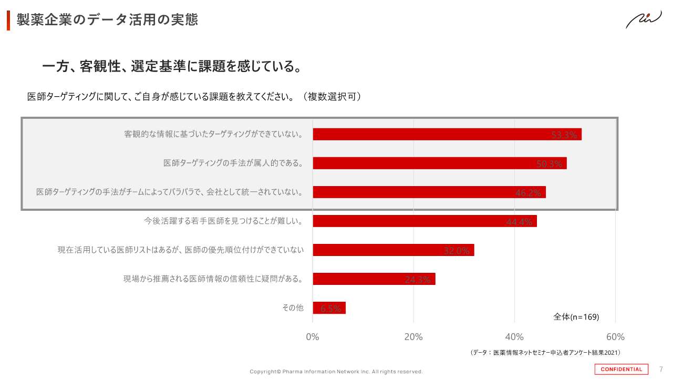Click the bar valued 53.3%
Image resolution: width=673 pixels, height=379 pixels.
pyautogui.click(x=447, y=134)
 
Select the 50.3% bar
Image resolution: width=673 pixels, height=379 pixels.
pyautogui.click(x=440, y=163)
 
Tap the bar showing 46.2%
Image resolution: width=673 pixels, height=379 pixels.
pyautogui.click(x=429, y=192)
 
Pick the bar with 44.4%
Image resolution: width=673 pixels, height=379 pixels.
pyautogui.click(x=424, y=221)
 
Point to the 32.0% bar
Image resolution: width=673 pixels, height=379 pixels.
pyautogui.click(x=394, y=250)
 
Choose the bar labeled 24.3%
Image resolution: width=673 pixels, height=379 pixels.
pyautogui.click(x=374, y=279)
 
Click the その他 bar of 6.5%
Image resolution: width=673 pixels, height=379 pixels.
pyautogui.click(x=329, y=308)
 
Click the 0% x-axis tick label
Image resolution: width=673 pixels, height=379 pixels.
pyautogui.click(x=313, y=337)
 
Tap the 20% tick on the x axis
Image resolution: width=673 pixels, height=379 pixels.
pyautogui.click(x=413, y=337)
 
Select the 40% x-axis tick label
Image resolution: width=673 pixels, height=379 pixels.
pyautogui.click(x=514, y=337)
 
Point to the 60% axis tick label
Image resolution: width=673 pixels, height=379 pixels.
pyautogui.click(x=615, y=337)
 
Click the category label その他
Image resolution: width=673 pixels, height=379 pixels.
pyautogui.click(x=293, y=308)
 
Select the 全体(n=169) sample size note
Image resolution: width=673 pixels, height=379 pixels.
pyautogui.click(x=576, y=317)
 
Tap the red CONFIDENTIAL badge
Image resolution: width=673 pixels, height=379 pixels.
pyautogui.click(x=622, y=369)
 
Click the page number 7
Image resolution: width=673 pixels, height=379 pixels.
pyautogui.click(x=661, y=369)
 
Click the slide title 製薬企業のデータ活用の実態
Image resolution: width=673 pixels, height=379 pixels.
pyautogui.click(x=107, y=20)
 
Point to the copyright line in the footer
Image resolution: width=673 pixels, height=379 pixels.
pyautogui.click(x=336, y=372)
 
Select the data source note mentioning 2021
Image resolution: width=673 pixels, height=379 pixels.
pyautogui.click(x=545, y=353)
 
